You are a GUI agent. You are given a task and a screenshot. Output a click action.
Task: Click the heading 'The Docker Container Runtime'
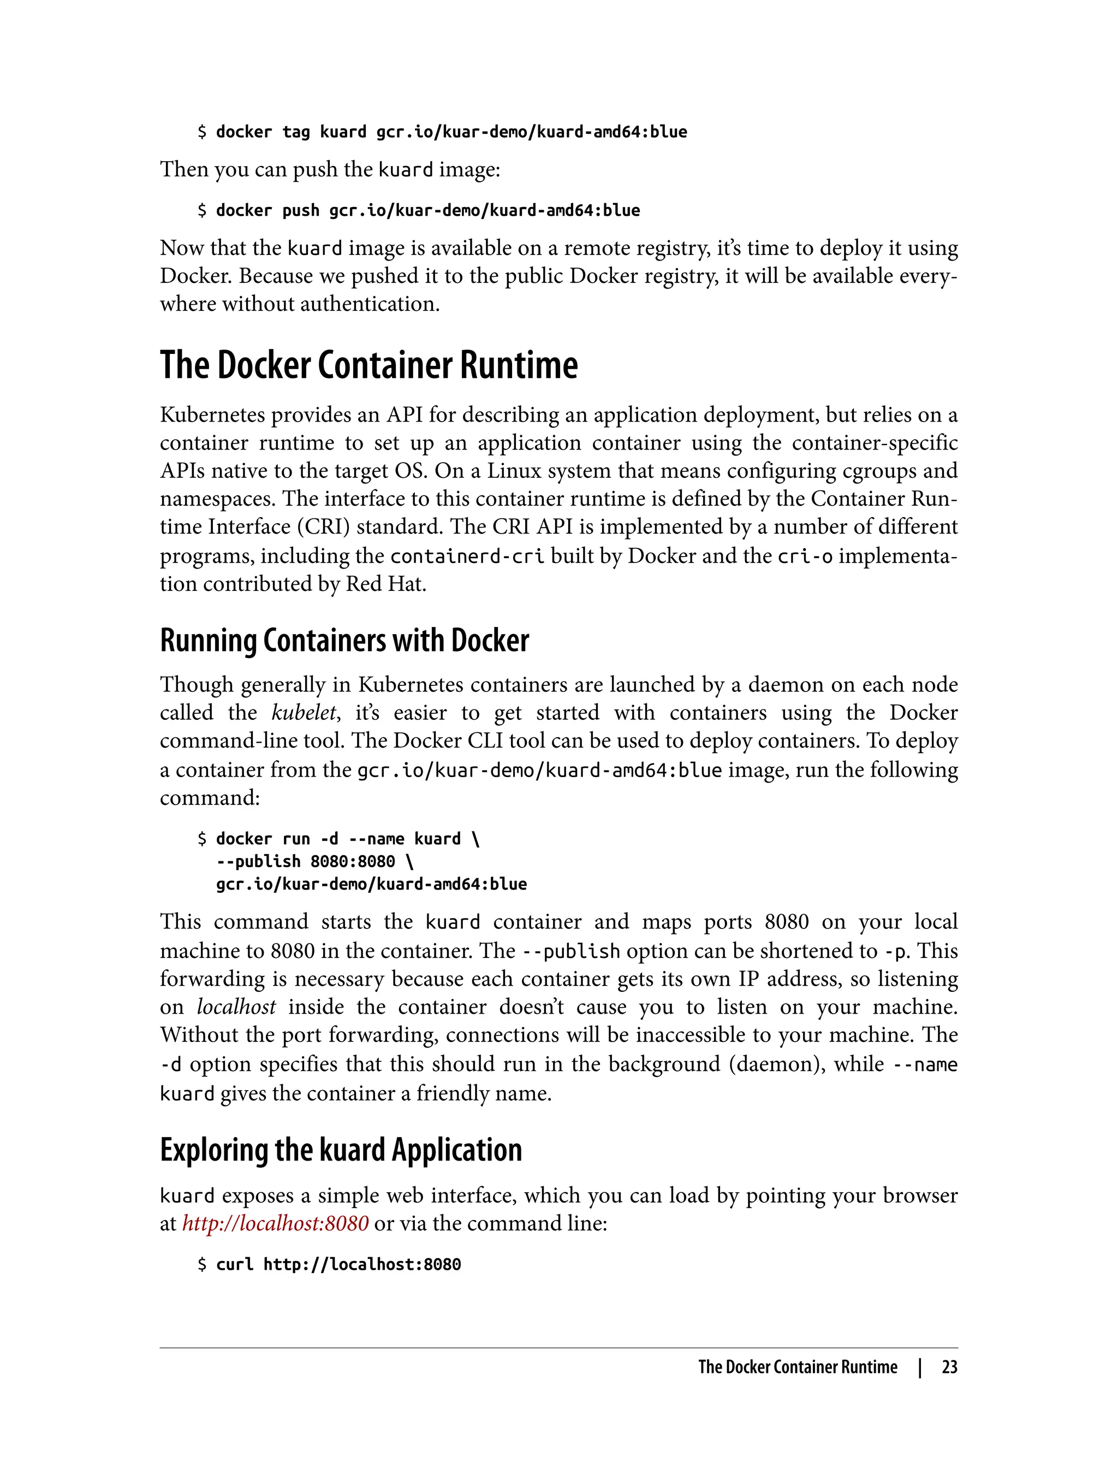click(368, 365)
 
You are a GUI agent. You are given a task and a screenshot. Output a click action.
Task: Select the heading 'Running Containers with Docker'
click(344, 641)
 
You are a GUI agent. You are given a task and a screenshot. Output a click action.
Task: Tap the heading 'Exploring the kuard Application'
click(341, 1150)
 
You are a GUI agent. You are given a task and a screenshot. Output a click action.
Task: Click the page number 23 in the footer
click(949, 1368)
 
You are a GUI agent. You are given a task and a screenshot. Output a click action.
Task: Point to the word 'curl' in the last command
click(234, 1264)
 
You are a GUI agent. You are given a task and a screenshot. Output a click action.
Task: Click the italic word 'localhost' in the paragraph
click(236, 1007)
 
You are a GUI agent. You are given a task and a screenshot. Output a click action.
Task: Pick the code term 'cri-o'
click(805, 556)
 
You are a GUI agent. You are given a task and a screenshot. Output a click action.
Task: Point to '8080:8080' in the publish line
click(353, 861)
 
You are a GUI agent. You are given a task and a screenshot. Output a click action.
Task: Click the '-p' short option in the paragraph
click(896, 951)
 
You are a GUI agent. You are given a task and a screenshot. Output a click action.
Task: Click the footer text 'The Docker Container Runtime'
click(797, 1368)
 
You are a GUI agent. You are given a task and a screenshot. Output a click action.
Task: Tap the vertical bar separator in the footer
click(920, 1368)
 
